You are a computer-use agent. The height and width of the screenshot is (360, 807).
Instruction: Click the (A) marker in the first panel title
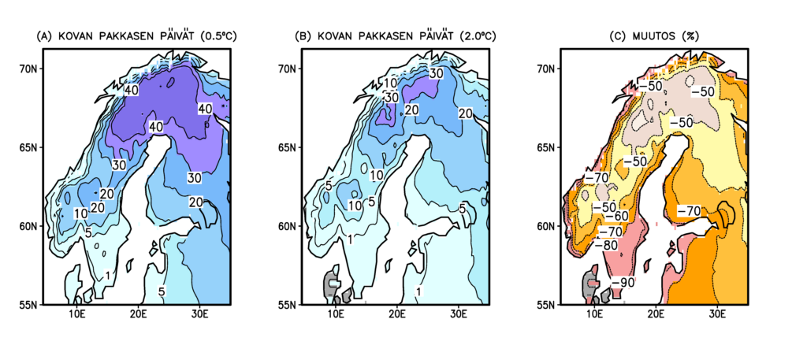(45, 36)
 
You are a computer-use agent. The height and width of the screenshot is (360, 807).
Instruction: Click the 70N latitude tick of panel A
(29, 69)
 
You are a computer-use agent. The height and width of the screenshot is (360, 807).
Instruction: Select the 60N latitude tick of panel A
(29, 226)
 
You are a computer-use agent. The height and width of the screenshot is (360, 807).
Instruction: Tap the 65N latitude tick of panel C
(548, 147)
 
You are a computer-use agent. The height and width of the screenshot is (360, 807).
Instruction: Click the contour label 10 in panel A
(80, 213)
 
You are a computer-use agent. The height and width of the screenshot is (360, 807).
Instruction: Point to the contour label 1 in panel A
(106, 275)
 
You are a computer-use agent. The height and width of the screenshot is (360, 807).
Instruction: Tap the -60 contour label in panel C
(621, 216)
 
